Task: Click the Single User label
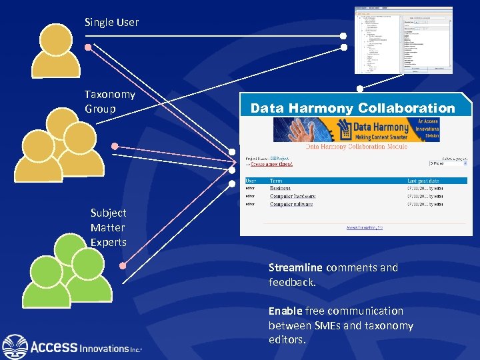pos(111,22)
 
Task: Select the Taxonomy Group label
pos(109,101)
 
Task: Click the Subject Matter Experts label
pos(108,227)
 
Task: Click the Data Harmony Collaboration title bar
pos(353,108)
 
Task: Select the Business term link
pos(280,188)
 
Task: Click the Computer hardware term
pos(293,196)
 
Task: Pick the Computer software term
pos(291,204)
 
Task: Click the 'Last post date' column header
pos(423,180)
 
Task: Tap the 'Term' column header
pos(276,180)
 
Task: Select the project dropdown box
pos(447,163)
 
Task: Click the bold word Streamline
pos(295,267)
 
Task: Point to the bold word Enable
pos(285,311)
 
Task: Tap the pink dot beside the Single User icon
pos(88,47)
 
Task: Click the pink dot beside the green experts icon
pos(123,265)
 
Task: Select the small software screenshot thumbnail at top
pos(403,41)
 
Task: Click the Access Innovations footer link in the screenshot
pos(364,227)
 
